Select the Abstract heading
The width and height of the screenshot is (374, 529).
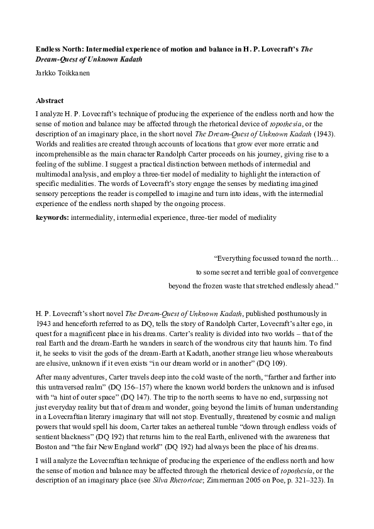click(50, 101)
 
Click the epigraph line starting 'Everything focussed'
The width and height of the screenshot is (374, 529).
click(277, 258)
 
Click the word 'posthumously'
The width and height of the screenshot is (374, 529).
click(288, 313)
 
